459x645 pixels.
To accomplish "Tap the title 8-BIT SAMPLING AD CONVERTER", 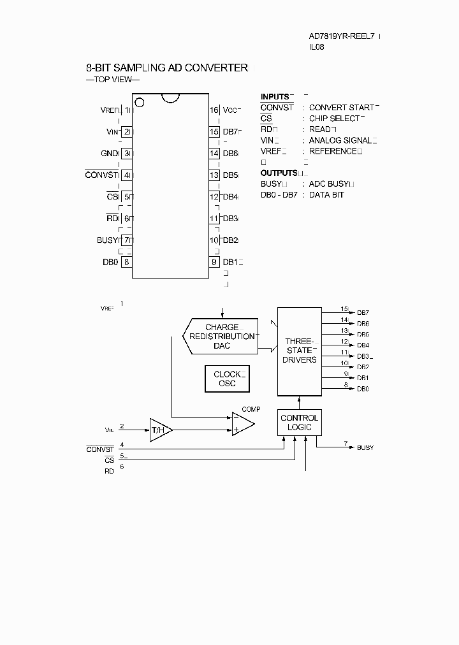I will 167,68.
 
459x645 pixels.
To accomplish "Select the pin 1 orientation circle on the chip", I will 140,102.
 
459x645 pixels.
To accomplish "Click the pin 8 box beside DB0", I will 127,261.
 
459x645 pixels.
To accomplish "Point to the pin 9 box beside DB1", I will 214,261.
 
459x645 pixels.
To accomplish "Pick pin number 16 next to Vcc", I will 214,110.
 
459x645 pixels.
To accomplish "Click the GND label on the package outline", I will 109,154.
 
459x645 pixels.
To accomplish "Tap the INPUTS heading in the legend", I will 275,97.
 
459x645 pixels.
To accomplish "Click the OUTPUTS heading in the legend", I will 279,173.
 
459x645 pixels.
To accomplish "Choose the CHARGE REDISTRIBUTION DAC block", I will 222,337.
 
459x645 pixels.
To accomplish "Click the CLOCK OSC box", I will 227,379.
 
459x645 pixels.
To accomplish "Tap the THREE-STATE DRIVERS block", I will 300,351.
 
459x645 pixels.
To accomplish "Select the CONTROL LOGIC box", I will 300,423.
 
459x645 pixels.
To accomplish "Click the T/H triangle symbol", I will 159,430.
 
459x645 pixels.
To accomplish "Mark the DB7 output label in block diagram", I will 363,313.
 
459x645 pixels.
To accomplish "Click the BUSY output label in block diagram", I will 365,448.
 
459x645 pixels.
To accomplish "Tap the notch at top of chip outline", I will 170,98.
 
